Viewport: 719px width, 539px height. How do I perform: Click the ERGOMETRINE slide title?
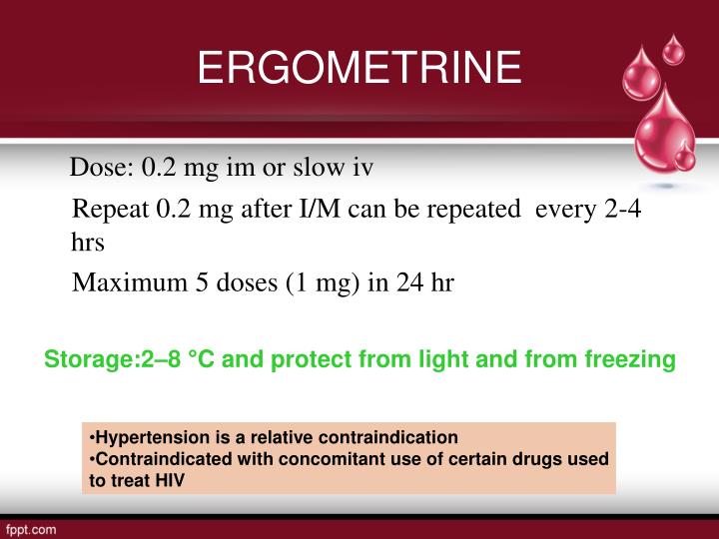(x=359, y=68)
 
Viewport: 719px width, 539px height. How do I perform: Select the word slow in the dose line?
(x=319, y=168)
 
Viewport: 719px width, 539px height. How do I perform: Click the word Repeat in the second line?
(x=111, y=211)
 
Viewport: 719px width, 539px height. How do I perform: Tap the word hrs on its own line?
(x=88, y=242)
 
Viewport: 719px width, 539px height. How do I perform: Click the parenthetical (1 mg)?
(x=325, y=282)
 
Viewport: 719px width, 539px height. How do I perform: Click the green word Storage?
(x=88, y=358)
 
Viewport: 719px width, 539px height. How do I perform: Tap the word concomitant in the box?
(x=332, y=458)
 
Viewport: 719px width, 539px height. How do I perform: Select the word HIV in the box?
(x=170, y=479)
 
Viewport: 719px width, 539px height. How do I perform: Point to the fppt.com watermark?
(x=32, y=527)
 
